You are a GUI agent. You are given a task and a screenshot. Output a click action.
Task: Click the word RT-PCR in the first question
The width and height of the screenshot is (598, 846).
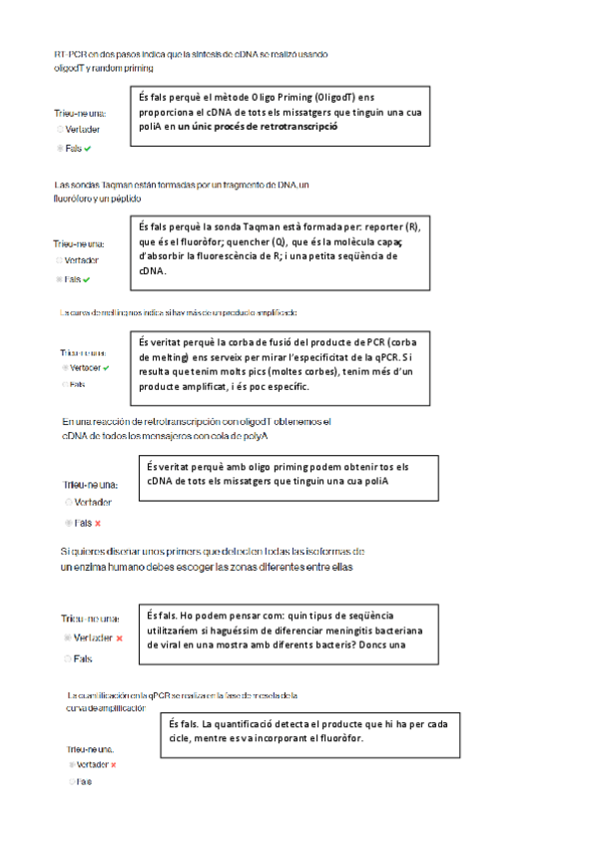[69, 54]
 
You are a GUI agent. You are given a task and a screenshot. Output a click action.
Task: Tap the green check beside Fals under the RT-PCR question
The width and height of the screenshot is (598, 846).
[88, 148]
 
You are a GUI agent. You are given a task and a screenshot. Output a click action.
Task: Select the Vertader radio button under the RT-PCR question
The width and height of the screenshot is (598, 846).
[60, 129]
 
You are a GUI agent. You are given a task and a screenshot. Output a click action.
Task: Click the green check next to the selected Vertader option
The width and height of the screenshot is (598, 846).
[106, 368]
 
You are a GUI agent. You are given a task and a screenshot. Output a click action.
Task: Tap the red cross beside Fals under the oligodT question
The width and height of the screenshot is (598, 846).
[98, 523]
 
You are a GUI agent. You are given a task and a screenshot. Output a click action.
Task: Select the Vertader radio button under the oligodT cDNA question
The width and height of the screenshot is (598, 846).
[69, 503]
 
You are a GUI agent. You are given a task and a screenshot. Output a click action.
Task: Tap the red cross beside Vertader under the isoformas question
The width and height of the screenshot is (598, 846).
[119, 637]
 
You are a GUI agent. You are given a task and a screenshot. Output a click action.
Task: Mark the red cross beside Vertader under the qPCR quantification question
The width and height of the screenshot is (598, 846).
[114, 764]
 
